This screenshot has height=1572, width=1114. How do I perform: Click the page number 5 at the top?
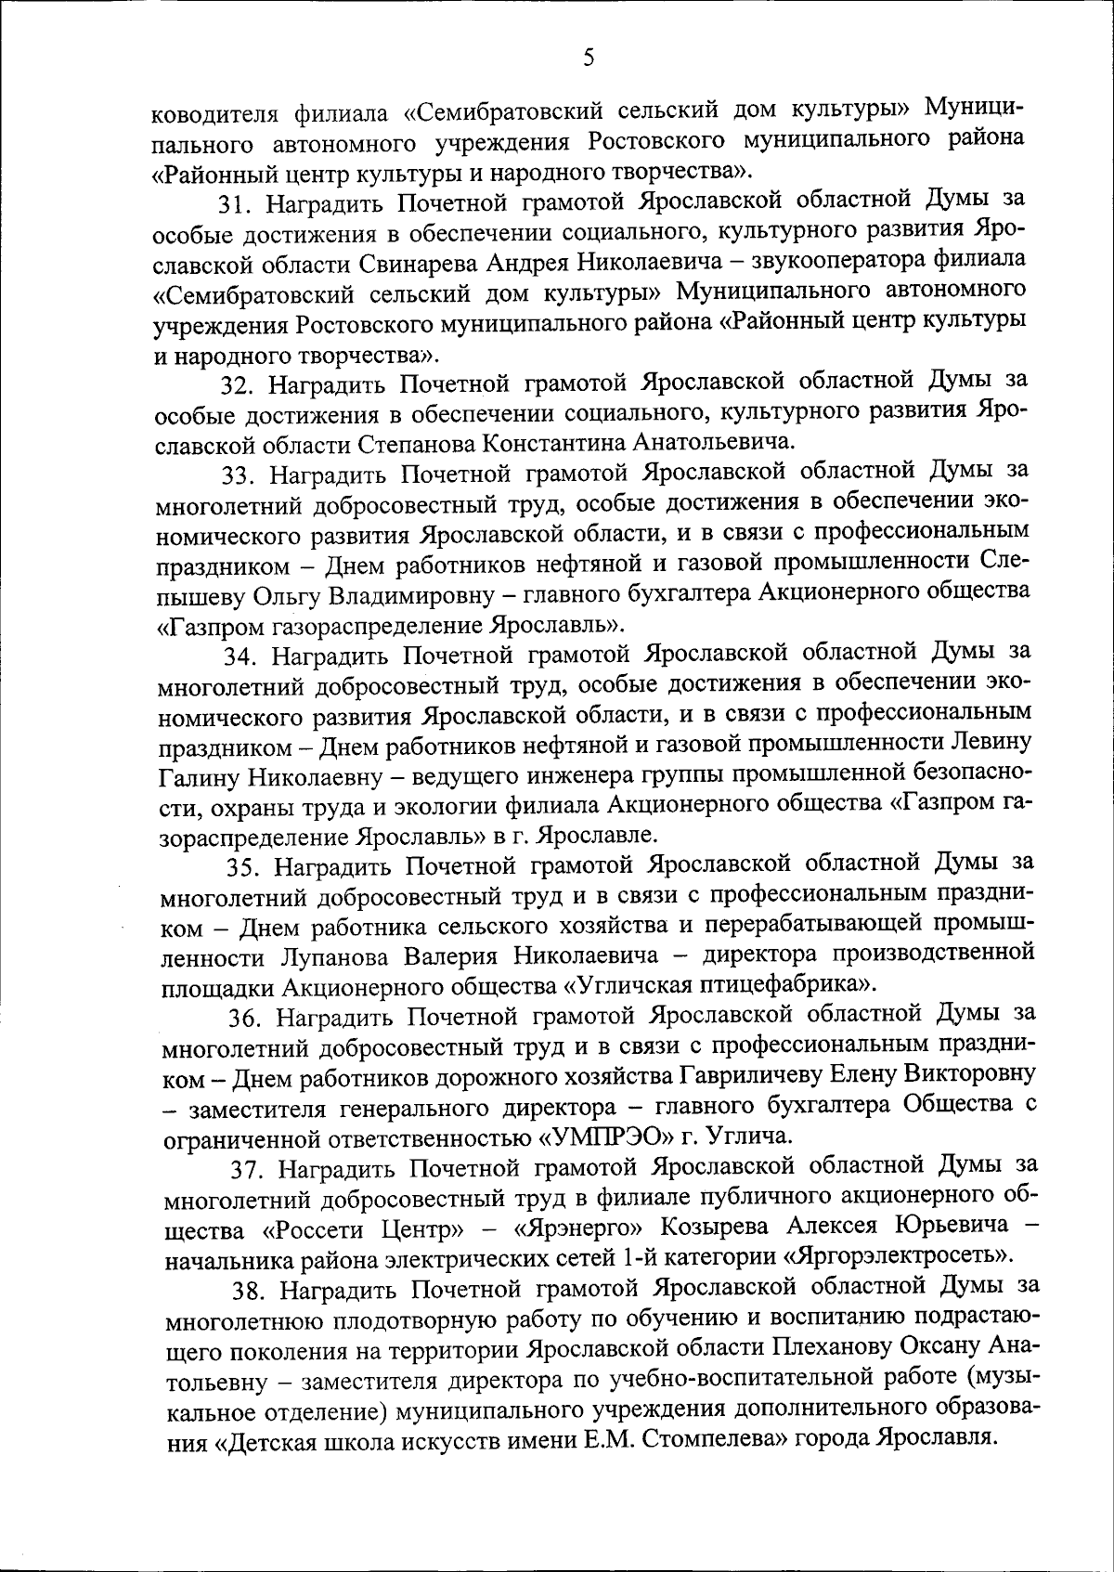click(x=589, y=58)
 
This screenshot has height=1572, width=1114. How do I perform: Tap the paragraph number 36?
click(x=245, y=1017)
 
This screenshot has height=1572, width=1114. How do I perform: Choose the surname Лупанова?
click(x=332, y=956)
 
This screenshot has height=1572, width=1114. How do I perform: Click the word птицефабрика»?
click(x=789, y=984)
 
